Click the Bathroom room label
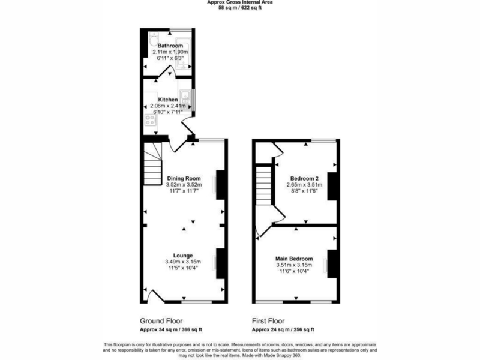coord(170,46)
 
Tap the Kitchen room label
coord(168,100)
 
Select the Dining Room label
coord(184,178)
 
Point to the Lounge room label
coord(183,256)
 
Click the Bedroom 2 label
coord(304,178)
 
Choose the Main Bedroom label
coord(294,259)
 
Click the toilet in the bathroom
coord(154,39)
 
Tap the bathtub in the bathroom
coord(183,53)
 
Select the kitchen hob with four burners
coord(151,119)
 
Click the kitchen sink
coord(185,98)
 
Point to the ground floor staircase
coord(152,164)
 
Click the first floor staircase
coord(264,185)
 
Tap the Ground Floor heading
coord(161,321)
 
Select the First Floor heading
coord(268,321)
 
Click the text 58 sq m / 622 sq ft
coord(240,8)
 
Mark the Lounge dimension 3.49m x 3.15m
coord(183,262)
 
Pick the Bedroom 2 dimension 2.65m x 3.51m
coord(304,185)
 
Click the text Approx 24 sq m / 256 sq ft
coord(283,329)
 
